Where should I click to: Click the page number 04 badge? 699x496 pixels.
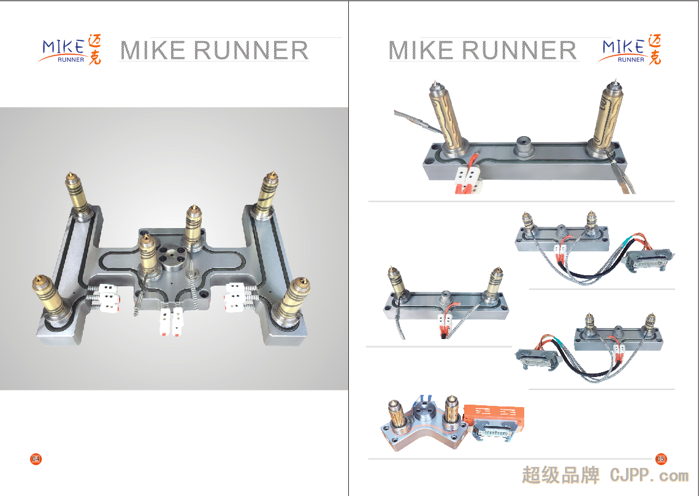[36, 459]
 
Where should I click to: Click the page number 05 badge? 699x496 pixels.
[660, 459]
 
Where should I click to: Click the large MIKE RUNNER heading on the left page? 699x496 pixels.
[214, 50]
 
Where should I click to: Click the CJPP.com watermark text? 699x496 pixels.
[649, 475]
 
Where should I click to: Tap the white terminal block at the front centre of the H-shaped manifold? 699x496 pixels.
[171, 322]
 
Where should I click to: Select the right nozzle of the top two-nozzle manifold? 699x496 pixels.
[608, 116]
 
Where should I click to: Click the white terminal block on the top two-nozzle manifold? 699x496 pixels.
[467, 178]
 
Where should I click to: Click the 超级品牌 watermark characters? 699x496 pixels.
[560, 475]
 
